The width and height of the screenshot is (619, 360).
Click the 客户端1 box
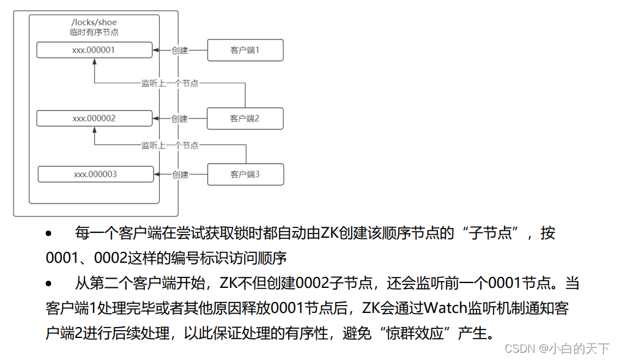click(x=245, y=50)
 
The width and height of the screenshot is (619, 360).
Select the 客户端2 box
click(x=245, y=119)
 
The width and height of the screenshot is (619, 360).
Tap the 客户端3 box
click(x=245, y=174)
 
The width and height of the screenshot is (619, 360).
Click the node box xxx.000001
click(x=94, y=50)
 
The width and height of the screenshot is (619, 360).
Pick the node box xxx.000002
click(x=94, y=119)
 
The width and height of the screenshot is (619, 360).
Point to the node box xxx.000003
click(x=95, y=174)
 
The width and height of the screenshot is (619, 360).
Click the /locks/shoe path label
click(x=94, y=23)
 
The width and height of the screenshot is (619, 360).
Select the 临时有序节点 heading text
click(x=94, y=32)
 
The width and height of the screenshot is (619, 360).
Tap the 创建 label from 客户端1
click(x=180, y=50)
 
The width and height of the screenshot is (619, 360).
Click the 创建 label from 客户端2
click(x=180, y=119)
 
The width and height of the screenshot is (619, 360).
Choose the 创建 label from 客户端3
click(x=180, y=174)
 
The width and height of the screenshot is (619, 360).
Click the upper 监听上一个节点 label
click(x=170, y=83)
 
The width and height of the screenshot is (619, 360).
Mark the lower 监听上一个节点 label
click(x=170, y=145)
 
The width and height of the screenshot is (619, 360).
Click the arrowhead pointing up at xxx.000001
click(x=95, y=62)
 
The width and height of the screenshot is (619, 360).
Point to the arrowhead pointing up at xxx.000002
click(x=95, y=130)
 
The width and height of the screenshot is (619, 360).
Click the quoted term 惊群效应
click(x=413, y=334)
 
